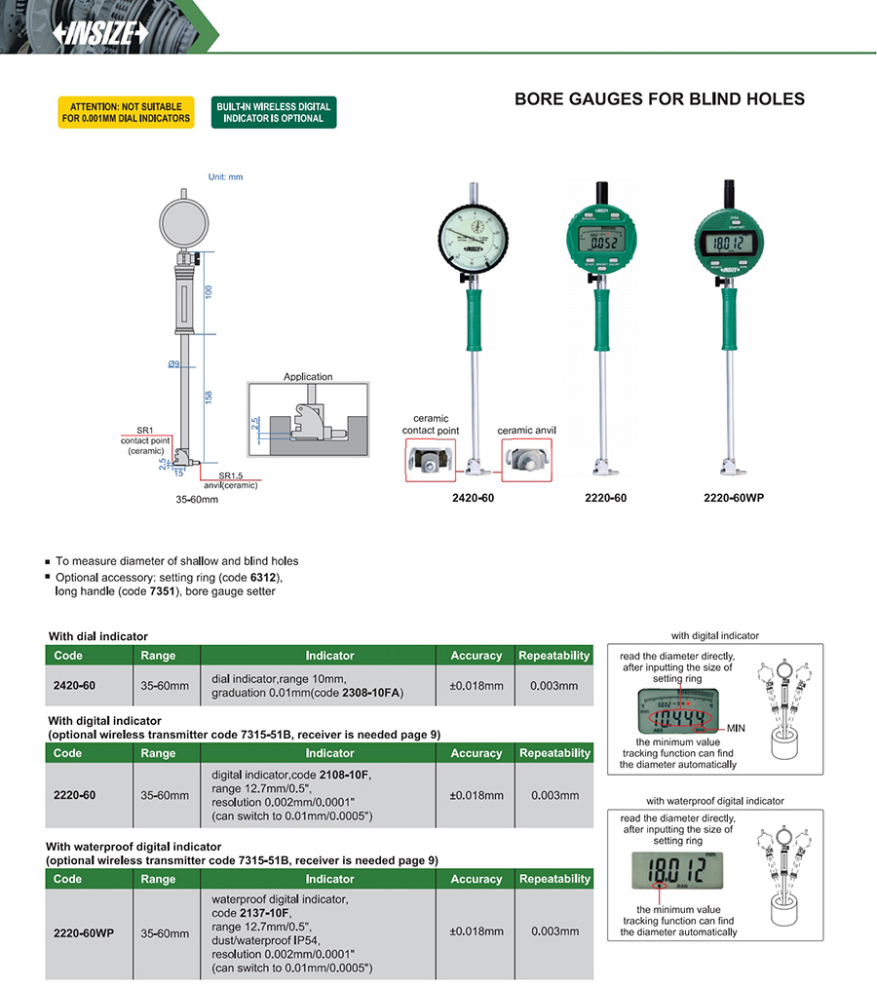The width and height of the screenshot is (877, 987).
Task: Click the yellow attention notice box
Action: pyautogui.click(x=125, y=112)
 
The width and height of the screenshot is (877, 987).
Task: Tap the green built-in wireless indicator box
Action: pyautogui.click(x=274, y=112)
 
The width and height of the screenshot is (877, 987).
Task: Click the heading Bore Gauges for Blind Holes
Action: pyautogui.click(x=659, y=98)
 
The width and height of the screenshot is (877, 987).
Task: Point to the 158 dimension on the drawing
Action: pyautogui.click(x=208, y=397)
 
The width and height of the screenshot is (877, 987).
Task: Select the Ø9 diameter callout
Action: pyautogui.click(x=173, y=364)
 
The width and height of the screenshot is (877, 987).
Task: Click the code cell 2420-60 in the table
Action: pyautogui.click(x=75, y=686)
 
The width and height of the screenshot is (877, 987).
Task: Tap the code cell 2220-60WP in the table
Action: pyautogui.click(x=84, y=932)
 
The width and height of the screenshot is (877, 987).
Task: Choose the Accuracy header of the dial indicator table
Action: pyautogui.click(x=476, y=656)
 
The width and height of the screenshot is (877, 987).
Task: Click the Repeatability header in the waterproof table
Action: pyautogui.click(x=554, y=879)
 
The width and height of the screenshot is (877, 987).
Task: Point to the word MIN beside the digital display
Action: pyautogui.click(x=737, y=728)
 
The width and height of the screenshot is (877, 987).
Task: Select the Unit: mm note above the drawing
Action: pyautogui.click(x=226, y=177)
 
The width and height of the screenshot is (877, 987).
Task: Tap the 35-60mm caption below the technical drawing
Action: pyautogui.click(x=197, y=500)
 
